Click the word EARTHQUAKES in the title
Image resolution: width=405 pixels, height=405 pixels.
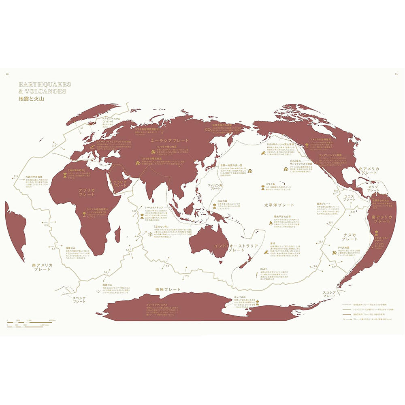pos(45,84)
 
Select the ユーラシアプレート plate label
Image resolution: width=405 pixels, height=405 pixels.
pos(170,140)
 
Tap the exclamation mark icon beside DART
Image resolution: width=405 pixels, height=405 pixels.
pos(256,275)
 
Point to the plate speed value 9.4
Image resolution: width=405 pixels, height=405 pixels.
pos(315,266)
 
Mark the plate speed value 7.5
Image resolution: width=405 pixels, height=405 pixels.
pos(187,276)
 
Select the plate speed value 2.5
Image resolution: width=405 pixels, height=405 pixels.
pos(16,176)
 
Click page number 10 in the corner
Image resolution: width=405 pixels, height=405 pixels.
pos(7,74)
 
